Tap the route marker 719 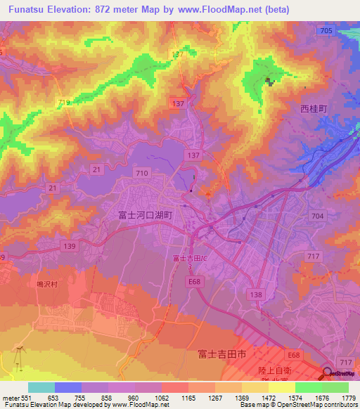(65, 103)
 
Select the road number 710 (142, 172)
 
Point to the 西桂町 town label (314, 109)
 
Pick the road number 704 (317, 218)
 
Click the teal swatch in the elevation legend (41, 387)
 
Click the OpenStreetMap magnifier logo (329, 373)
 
